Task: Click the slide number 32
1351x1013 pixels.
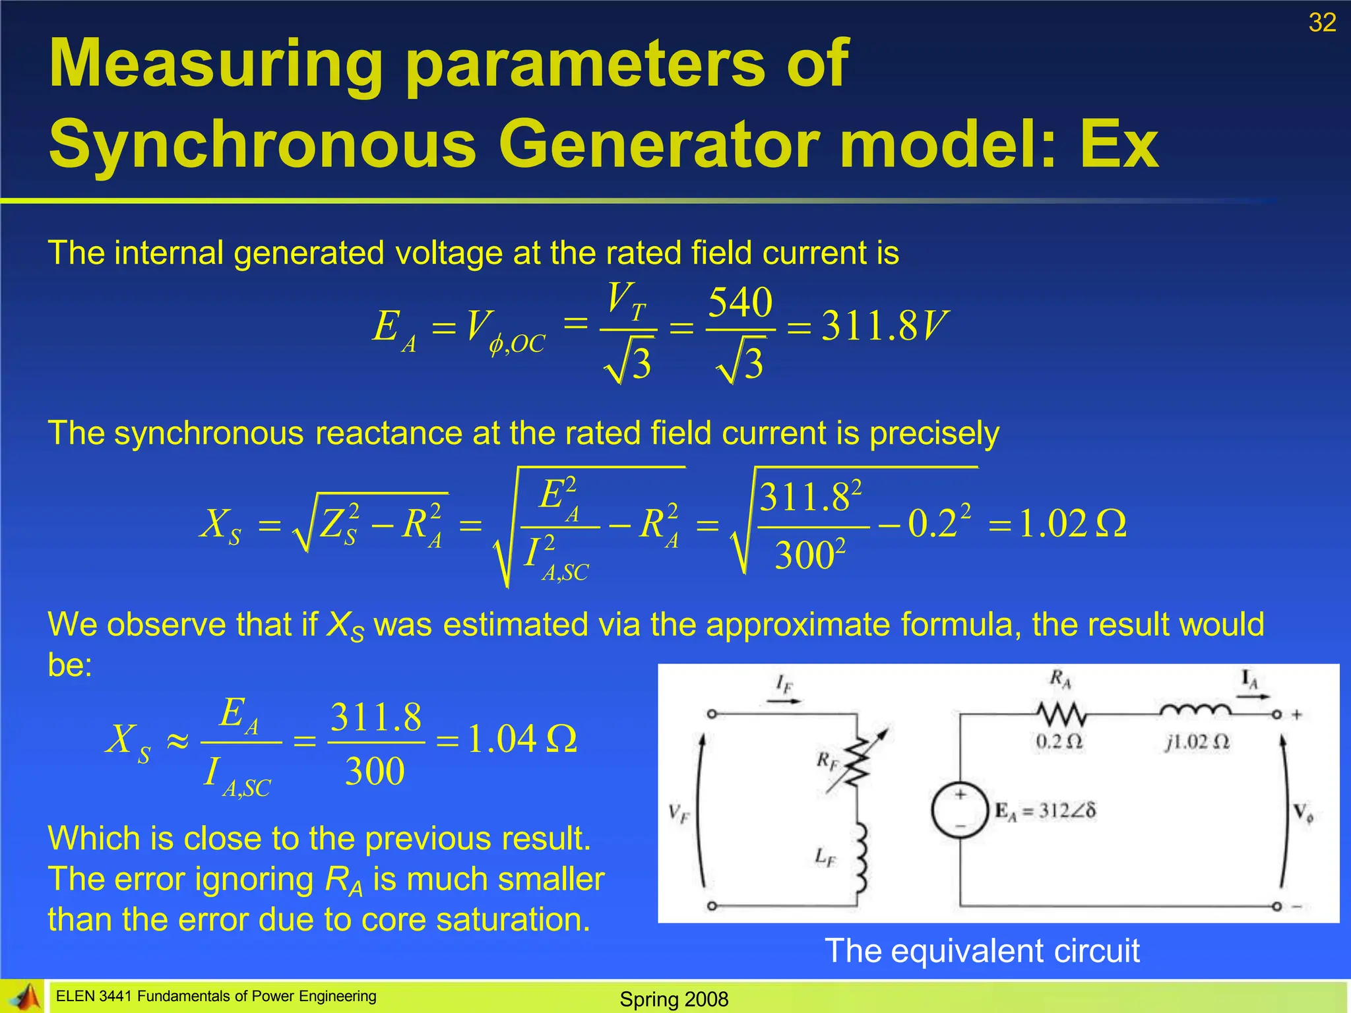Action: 1322,23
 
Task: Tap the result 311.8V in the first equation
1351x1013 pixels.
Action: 885,326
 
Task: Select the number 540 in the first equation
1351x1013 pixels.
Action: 740,303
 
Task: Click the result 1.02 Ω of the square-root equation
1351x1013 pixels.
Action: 1073,524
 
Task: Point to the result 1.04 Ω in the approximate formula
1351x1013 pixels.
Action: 522,739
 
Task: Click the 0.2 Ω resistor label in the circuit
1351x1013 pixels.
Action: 1059,742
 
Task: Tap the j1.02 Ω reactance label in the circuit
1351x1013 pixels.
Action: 1197,743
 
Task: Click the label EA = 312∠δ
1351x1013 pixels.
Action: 1046,811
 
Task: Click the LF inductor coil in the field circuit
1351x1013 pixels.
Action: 860,857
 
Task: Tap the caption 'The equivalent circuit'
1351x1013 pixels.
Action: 982,951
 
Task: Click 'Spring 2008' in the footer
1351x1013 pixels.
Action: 674,999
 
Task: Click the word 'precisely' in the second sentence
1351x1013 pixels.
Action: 934,433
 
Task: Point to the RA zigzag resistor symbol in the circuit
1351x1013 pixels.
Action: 1060,714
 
